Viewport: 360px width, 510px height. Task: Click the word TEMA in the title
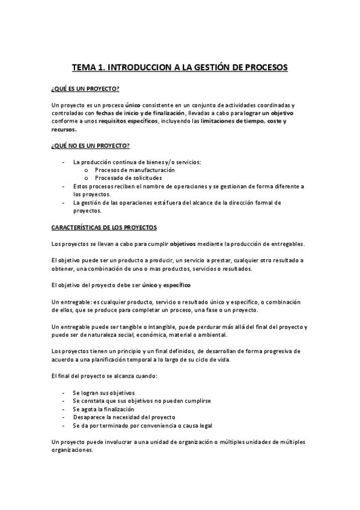point(85,67)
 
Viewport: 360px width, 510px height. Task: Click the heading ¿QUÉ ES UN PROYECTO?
point(85,89)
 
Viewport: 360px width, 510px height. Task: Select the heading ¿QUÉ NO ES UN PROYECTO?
point(91,147)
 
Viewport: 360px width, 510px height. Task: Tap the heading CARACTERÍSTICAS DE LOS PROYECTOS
point(104,228)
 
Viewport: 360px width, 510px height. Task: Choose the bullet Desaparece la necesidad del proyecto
point(124,417)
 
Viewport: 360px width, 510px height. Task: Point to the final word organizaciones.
point(72,450)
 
